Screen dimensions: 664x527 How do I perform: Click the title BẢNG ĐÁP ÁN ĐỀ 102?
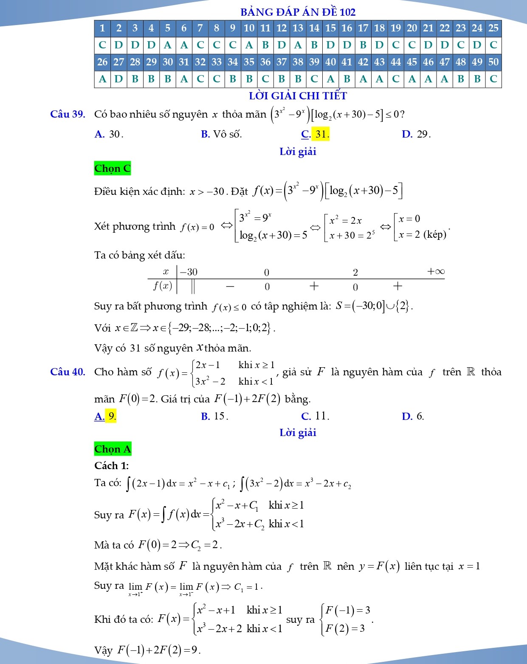click(x=298, y=12)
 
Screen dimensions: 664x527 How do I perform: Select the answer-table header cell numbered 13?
click(x=298, y=28)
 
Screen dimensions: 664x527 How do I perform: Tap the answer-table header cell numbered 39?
click(x=314, y=62)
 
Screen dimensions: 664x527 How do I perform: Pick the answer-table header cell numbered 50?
click(x=493, y=62)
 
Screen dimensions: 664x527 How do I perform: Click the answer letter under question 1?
click(x=102, y=45)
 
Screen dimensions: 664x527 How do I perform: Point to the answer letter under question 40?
click(x=330, y=79)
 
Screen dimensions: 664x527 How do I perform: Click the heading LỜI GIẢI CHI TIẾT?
click(x=298, y=96)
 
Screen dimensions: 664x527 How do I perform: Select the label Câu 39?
click(x=68, y=114)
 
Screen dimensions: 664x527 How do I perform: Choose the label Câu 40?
click(x=68, y=372)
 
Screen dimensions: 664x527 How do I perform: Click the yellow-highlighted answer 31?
click(x=321, y=134)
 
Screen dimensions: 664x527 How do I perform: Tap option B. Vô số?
click(x=221, y=134)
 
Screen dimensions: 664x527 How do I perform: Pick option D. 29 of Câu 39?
click(x=416, y=134)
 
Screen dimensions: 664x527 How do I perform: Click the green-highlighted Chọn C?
click(x=113, y=169)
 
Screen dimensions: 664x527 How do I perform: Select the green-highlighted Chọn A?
click(x=113, y=449)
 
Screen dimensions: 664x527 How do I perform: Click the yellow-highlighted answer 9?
click(x=111, y=416)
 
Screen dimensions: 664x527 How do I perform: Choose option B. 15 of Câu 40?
click(x=214, y=416)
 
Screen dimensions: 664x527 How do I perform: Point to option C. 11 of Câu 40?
click(x=315, y=416)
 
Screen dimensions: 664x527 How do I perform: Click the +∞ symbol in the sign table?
click(x=435, y=271)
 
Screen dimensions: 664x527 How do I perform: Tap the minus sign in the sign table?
click(x=230, y=287)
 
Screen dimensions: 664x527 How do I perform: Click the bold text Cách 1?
click(x=112, y=466)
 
